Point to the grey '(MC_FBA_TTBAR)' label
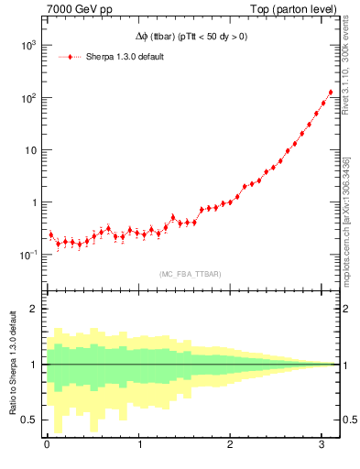coord(190,274)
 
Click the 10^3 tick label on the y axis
coord(27,45)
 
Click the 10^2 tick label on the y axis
coord(27,97)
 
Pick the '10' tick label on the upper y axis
coord(29,150)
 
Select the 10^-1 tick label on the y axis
coord(27,255)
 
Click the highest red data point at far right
coord(331,93)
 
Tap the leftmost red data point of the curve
coord(50,234)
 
